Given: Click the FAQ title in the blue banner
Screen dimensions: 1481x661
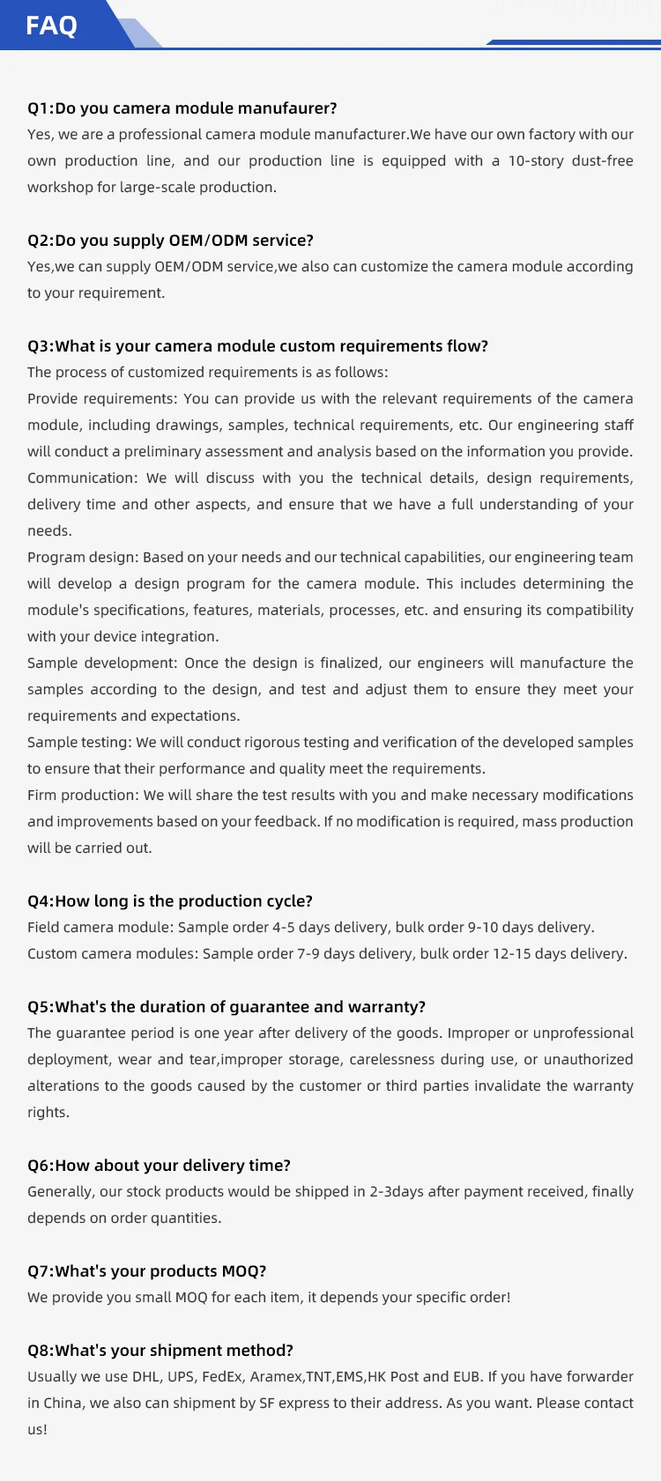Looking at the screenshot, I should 51,25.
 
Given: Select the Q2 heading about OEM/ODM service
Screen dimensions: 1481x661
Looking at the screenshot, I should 170,241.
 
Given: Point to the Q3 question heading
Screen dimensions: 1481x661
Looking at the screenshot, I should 257,346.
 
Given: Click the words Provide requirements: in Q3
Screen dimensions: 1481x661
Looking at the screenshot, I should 101,398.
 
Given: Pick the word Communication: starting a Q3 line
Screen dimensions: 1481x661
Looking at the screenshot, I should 82,478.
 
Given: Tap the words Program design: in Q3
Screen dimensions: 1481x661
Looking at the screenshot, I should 83,557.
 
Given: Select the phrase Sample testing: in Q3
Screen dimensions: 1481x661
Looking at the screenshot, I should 79,742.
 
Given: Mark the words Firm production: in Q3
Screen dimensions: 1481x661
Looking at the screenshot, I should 83,795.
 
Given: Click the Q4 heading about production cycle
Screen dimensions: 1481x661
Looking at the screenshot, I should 170,901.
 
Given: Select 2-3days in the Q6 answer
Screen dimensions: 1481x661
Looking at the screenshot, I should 397,1191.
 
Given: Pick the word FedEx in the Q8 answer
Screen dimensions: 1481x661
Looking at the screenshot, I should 221,1376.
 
